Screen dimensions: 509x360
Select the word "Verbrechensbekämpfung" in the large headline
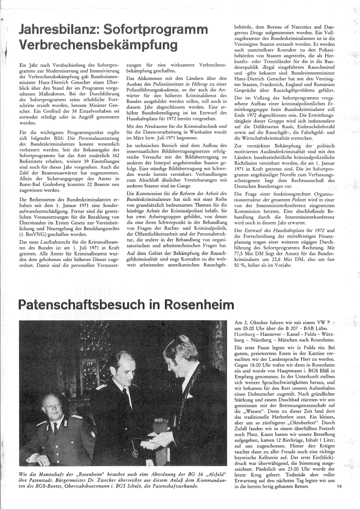pyautogui.click(x=97, y=45)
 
